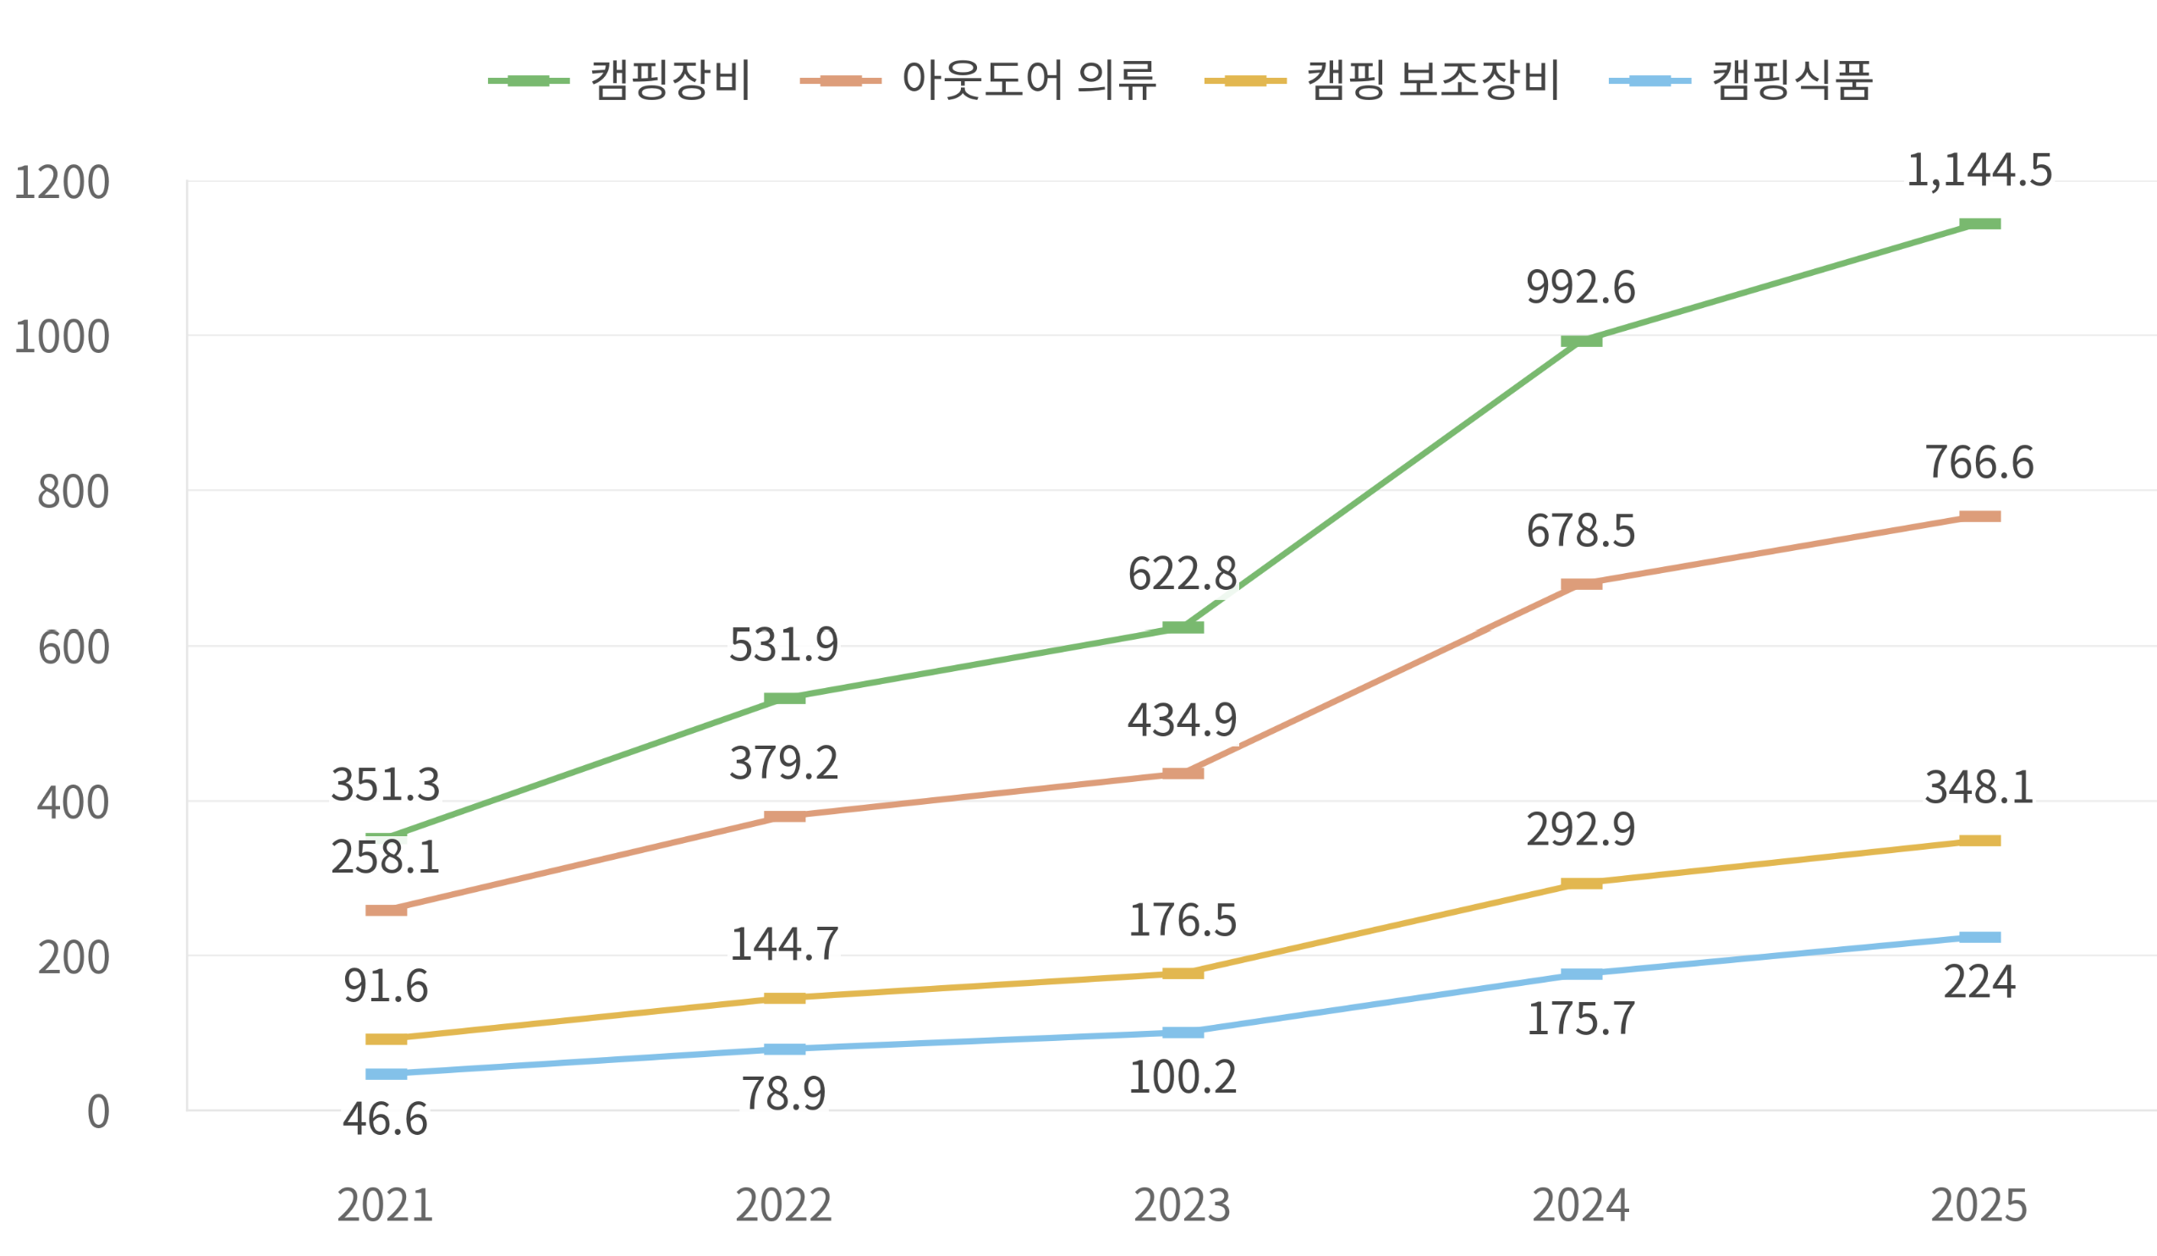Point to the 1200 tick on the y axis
click(62, 182)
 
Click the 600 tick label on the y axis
click(74, 647)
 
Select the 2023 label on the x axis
click(1182, 1205)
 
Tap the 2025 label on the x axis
click(1979, 1205)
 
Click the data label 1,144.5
click(1979, 169)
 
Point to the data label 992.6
click(1581, 287)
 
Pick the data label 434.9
click(1182, 720)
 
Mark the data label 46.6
click(385, 1119)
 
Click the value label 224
click(1979, 982)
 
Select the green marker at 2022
click(784, 698)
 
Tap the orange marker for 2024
click(1581, 585)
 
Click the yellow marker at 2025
click(1980, 840)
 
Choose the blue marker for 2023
click(1183, 1033)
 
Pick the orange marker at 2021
click(386, 910)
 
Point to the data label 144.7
click(784, 945)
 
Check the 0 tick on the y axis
click(98, 1112)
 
